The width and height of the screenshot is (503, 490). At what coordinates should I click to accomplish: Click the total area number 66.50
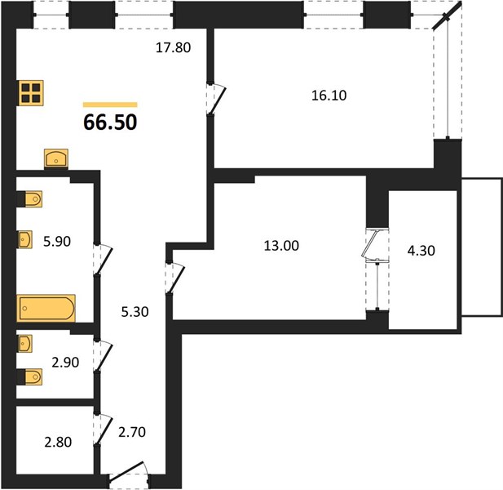pyautogui.click(x=110, y=122)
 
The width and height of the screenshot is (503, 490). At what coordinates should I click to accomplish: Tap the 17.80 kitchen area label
pyautogui.click(x=173, y=47)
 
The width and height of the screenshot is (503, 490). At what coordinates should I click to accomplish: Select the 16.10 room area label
pyautogui.click(x=329, y=96)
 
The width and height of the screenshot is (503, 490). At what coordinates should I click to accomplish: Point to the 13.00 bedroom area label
pyautogui.click(x=281, y=246)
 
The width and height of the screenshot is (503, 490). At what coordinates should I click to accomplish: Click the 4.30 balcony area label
pyautogui.click(x=421, y=251)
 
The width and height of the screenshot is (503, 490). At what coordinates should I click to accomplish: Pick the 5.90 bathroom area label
pyautogui.click(x=57, y=241)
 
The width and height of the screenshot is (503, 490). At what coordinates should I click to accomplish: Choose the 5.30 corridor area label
pyautogui.click(x=135, y=312)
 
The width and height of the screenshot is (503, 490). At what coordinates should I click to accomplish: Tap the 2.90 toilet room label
pyautogui.click(x=65, y=363)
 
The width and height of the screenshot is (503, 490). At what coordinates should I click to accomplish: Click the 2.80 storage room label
pyautogui.click(x=58, y=443)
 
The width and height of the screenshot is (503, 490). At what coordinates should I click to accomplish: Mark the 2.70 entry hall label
pyautogui.click(x=132, y=432)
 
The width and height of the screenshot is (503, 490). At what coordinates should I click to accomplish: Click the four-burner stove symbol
pyautogui.click(x=31, y=93)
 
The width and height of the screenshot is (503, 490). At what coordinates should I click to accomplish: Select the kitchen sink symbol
pyautogui.click(x=56, y=158)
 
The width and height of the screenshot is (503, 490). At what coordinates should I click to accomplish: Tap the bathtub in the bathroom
pyautogui.click(x=46, y=309)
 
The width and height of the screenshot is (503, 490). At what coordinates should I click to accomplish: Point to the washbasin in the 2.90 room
pyautogui.click(x=25, y=344)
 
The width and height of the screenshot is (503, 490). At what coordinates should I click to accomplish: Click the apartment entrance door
pyautogui.click(x=129, y=473)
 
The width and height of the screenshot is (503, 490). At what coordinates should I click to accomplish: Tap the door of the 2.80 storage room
pyautogui.click(x=104, y=430)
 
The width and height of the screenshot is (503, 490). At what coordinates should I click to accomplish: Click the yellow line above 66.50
pyautogui.click(x=110, y=105)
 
